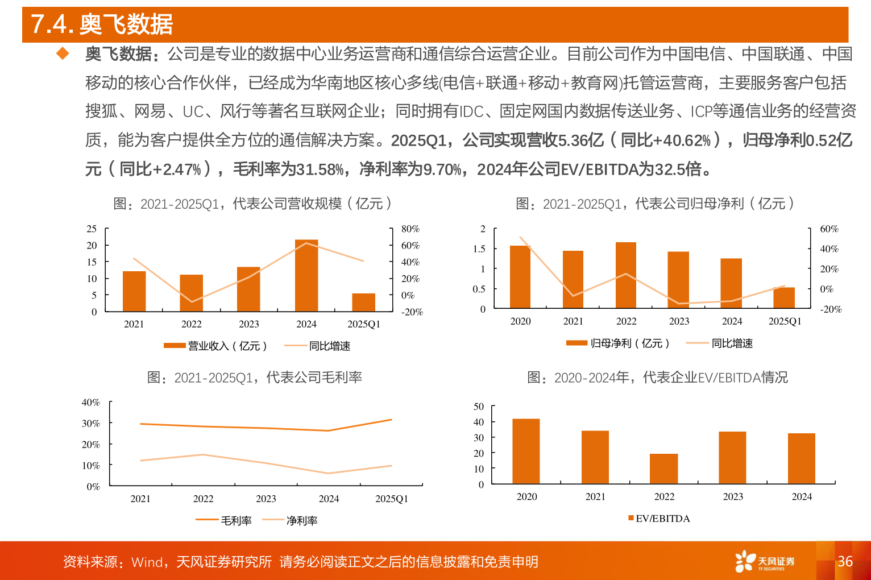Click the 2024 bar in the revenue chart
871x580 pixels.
(306, 276)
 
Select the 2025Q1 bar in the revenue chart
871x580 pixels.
(363, 303)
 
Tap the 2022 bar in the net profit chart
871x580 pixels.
(626, 275)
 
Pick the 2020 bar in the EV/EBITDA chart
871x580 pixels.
(526, 451)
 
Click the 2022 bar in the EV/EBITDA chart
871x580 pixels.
(663, 469)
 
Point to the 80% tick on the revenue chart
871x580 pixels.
(410, 229)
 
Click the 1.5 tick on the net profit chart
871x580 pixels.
(479, 248)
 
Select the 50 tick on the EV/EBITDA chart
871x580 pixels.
(479, 407)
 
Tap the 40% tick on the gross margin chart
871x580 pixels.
(91, 403)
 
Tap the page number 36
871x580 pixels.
(845, 561)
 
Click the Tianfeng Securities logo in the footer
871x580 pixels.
(765, 561)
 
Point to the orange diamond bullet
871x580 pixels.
(62, 54)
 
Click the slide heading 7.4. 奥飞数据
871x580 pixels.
(102, 24)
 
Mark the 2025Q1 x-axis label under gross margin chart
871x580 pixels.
(391, 499)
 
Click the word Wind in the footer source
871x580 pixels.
(147, 562)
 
